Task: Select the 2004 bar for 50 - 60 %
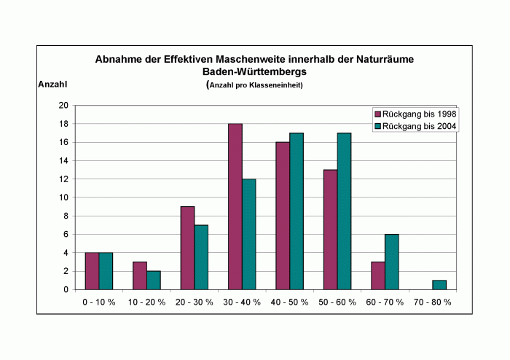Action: coord(344,211)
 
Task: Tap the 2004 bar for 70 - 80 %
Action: coord(439,285)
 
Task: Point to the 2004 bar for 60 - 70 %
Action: coord(391,262)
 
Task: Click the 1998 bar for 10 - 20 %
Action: coord(140,275)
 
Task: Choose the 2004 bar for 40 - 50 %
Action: coord(297,211)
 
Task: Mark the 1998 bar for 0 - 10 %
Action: coord(92,271)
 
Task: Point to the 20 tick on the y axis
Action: coord(63,106)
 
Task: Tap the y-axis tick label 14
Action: coord(63,161)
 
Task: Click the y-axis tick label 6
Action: coord(66,235)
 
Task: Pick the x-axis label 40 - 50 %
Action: coord(289,302)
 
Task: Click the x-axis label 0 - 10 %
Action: coord(99,302)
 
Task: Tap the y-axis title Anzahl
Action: coord(52,85)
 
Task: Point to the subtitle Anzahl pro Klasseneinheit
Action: coord(256,85)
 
